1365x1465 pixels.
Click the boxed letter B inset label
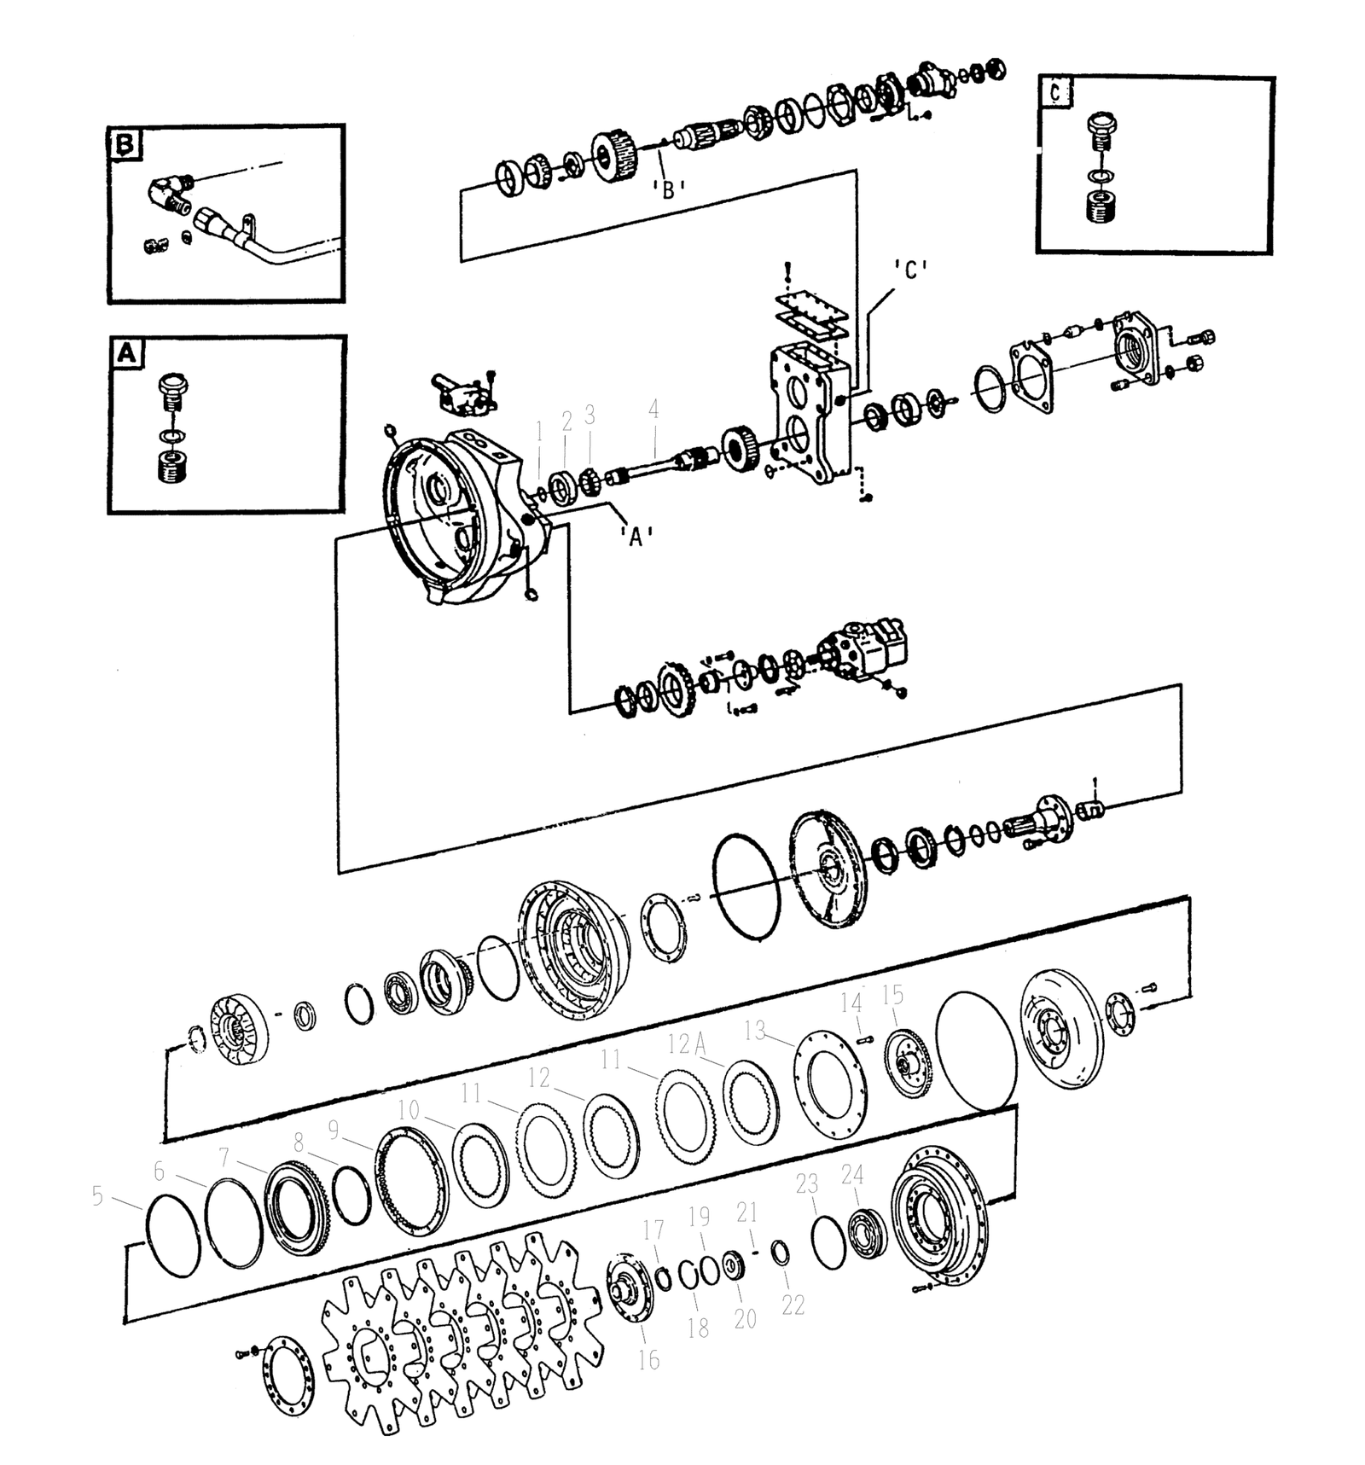[125, 145]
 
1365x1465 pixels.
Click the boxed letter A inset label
[126, 352]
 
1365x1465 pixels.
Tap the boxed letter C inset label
[1056, 93]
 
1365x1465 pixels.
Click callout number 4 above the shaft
[653, 410]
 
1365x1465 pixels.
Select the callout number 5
[97, 1196]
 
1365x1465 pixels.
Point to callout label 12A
[688, 1043]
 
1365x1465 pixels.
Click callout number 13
[755, 1031]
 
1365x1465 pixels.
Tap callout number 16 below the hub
[649, 1360]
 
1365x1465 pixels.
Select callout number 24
[852, 1175]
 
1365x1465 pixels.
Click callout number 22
[793, 1305]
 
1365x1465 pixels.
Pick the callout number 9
[334, 1130]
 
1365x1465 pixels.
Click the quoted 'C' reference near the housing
[910, 270]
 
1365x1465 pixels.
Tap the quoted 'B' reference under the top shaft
[668, 189]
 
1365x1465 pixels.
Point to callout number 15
[892, 995]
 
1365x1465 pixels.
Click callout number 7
[224, 1157]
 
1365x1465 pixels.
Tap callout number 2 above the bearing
[566, 420]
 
